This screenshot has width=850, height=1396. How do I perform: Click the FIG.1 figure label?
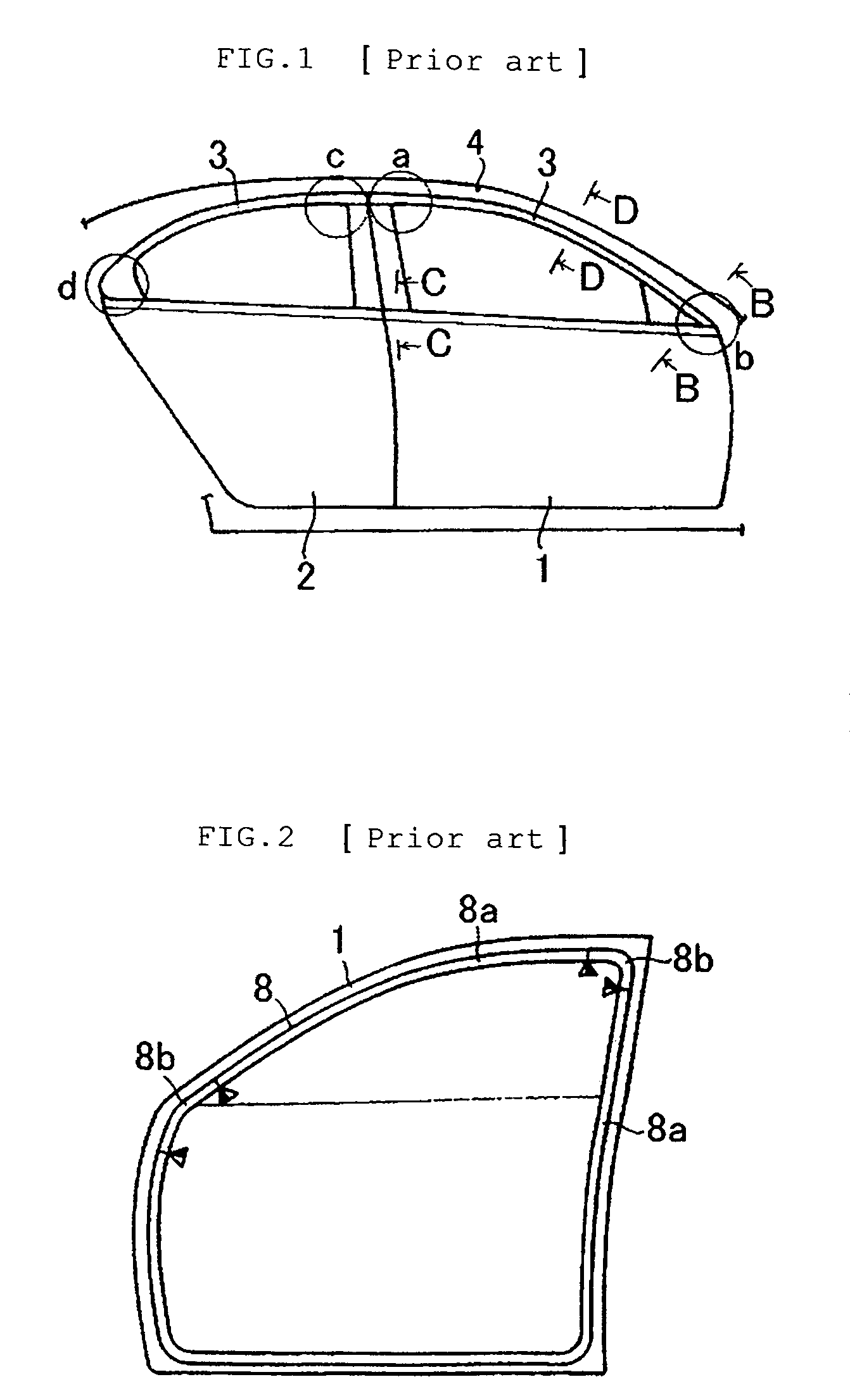tap(265, 61)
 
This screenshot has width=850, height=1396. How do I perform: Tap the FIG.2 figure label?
tap(246, 838)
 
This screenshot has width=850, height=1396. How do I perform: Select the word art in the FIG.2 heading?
tap(514, 839)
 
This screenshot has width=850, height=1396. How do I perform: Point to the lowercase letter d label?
tap(67, 288)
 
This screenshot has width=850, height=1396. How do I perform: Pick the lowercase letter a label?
tap(402, 156)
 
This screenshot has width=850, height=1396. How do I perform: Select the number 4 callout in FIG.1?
tap(476, 145)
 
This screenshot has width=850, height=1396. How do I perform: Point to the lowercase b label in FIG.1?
tap(744, 358)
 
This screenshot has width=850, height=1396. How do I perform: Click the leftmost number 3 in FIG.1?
tap(219, 156)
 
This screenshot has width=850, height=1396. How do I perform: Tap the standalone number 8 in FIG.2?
tap(264, 990)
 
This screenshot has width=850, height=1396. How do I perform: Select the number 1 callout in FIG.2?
tap(340, 941)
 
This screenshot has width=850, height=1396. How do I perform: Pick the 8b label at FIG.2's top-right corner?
tap(693, 961)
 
